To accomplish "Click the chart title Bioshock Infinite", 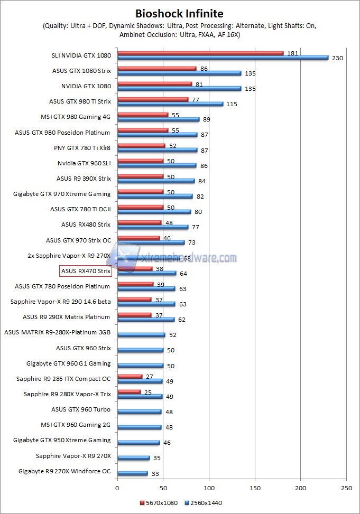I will [179, 13].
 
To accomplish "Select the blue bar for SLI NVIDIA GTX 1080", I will [223, 58].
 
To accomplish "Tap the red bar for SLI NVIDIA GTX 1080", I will [200, 53].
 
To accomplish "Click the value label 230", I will [337, 58].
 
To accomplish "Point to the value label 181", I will [292, 53].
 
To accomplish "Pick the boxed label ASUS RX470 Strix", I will [86, 271].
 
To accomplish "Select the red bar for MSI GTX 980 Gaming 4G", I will [143, 115].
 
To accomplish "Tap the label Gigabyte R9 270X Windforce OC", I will [64, 471].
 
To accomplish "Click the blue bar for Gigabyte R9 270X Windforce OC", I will [133, 473].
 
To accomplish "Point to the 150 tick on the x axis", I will [255, 489].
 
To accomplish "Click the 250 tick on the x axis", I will [347, 489].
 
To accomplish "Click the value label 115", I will [232, 104].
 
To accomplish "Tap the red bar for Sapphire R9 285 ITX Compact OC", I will [130, 377].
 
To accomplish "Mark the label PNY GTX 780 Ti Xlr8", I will [82, 148].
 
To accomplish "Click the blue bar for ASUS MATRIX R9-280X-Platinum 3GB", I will [141, 335].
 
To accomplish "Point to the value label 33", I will [155, 474].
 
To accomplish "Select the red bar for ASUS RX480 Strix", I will [140, 222].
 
